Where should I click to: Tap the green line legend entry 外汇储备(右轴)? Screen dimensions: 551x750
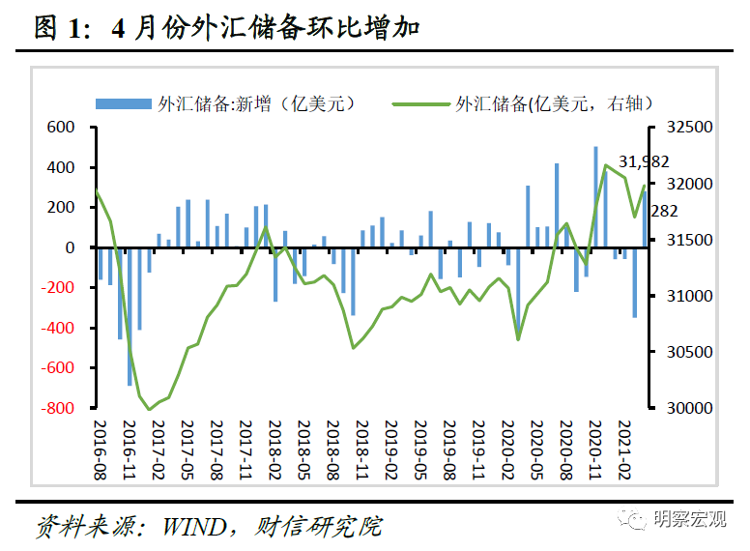552,103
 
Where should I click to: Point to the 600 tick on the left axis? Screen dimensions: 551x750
61,128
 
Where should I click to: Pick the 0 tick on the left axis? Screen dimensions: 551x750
70,248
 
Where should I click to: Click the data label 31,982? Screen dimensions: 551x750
643,161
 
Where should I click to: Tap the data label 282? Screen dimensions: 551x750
664,211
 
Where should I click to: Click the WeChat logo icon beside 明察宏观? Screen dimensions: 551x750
637,522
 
